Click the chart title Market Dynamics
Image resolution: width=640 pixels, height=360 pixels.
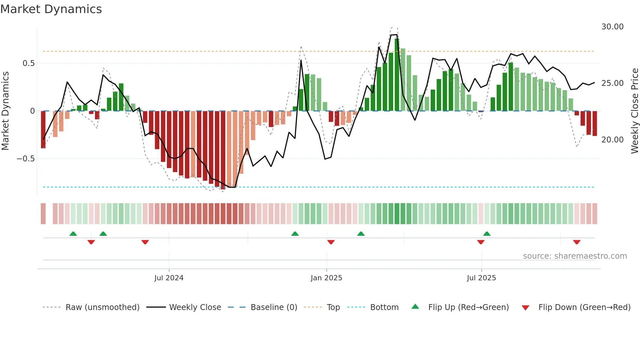[51, 9]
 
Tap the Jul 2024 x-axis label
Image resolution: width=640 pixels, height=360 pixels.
[169, 278]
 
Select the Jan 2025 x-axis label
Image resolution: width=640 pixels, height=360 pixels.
[326, 278]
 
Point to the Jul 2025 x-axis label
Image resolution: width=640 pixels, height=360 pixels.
[481, 278]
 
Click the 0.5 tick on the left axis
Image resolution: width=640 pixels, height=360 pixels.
[28, 63]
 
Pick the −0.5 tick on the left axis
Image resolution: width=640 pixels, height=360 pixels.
[26, 159]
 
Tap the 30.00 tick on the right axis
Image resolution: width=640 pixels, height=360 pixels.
[612, 27]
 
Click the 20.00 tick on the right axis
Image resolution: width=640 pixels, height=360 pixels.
[612, 140]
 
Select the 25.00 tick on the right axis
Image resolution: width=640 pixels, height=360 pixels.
[612, 83]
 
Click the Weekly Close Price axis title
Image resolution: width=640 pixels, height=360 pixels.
[634, 111]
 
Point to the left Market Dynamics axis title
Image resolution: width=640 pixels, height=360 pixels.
[5, 111]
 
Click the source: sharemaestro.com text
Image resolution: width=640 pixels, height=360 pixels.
[575, 256]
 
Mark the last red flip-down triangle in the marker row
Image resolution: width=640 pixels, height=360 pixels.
[577, 242]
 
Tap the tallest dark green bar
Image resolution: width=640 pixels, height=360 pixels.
[397, 75]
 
